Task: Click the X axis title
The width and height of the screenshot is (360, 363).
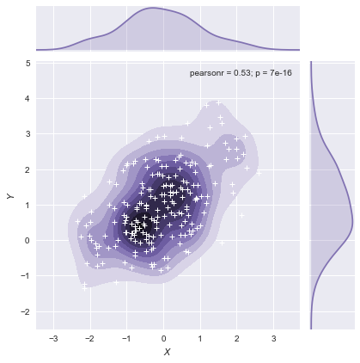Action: click(x=168, y=353)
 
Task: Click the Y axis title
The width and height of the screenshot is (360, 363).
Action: click(x=10, y=196)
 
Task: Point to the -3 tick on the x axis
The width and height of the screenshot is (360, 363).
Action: click(x=53, y=339)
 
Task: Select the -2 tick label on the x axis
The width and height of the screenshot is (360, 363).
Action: click(x=89, y=339)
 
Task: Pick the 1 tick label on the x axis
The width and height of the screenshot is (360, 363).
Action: click(x=200, y=339)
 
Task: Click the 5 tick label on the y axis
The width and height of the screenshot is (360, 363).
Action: click(x=28, y=63)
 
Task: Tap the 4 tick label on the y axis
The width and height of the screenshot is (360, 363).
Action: click(x=28, y=99)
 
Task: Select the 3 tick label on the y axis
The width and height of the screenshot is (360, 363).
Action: click(x=28, y=134)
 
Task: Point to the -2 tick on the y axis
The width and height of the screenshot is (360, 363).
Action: click(x=27, y=311)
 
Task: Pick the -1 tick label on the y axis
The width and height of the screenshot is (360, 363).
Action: click(x=27, y=276)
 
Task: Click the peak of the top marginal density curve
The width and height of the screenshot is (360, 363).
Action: click(x=153, y=9)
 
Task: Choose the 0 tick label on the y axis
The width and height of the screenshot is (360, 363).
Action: click(x=28, y=240)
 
